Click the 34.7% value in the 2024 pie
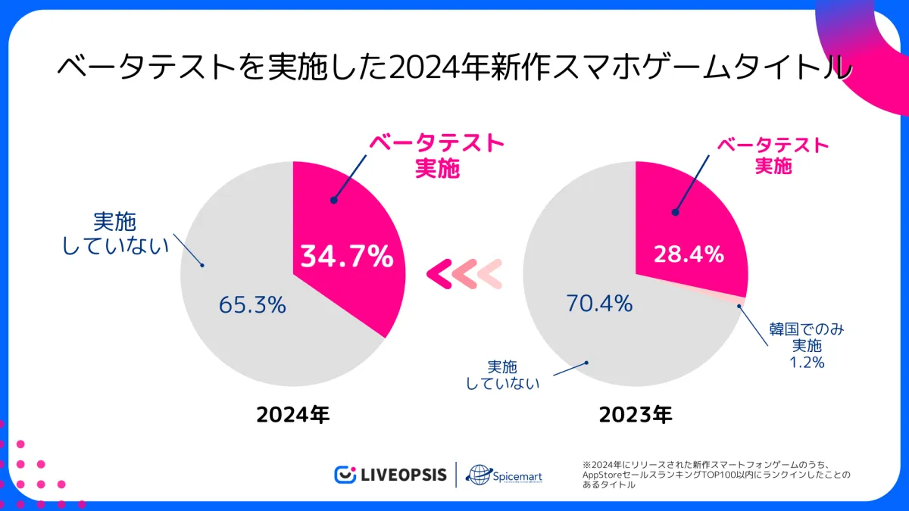(347, 257)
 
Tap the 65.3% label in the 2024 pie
(252, 305)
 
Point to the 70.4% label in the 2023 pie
(599, 304)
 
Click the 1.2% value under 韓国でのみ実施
(807, 363)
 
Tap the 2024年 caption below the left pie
(293, 415)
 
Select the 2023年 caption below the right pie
(635, 415)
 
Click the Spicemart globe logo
(479, 475)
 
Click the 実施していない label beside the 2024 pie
(115, 233)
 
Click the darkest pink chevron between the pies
(439, 273)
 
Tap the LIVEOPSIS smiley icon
(345, 475)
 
